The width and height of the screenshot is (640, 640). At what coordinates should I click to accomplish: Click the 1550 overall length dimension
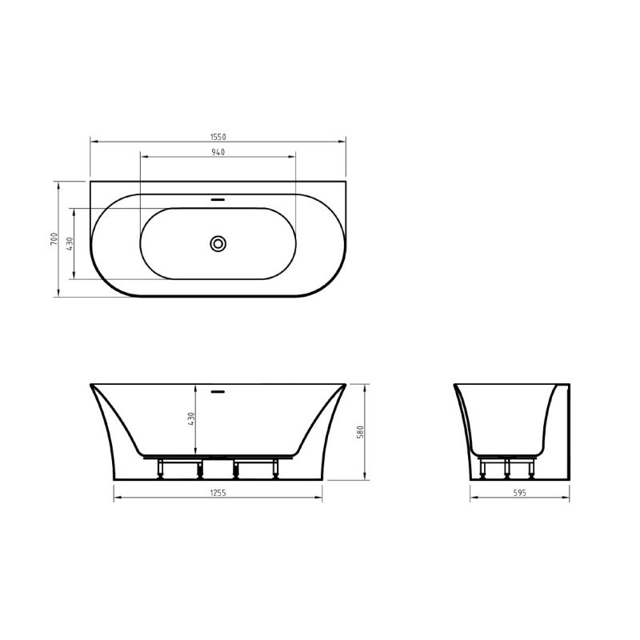pyautogui.click(x=218, y=137)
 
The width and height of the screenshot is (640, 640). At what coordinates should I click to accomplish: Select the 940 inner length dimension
pyautogui.click(x=218, y=151)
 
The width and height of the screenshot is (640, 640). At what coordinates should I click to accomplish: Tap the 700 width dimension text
pyautogui.click(x=53, y=239)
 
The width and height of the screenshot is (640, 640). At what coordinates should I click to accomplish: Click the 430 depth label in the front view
pyautogui.click(x=191, y=420)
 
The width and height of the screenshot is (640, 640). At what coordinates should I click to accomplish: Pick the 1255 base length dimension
pyautogui.click(x=218, y=493)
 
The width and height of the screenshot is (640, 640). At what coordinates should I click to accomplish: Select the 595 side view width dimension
pyautogui.click(x=518, y=493)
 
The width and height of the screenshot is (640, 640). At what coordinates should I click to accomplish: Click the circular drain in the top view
pyautogui.click(x=218, y=243)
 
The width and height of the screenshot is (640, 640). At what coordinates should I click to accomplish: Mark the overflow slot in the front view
pyautogui.click(x=218, y=392)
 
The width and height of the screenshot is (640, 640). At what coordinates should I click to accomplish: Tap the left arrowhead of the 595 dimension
pyautogui.click(x=471, y=498)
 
